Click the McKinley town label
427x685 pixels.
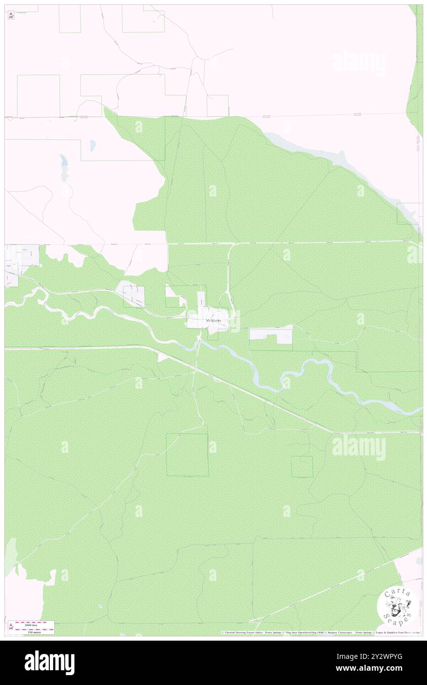click(213, 321)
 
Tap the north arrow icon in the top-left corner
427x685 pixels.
click(11, 15)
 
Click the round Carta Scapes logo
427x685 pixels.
click(396, 606)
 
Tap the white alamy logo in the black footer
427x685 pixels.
click(49, 662)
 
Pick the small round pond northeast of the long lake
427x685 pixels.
click(92, 146)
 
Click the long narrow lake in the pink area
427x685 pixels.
click(63, 161)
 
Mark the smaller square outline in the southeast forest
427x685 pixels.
click(302, 466)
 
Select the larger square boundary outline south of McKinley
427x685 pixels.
click(187, 454)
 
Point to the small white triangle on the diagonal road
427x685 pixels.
click(162, 357)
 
